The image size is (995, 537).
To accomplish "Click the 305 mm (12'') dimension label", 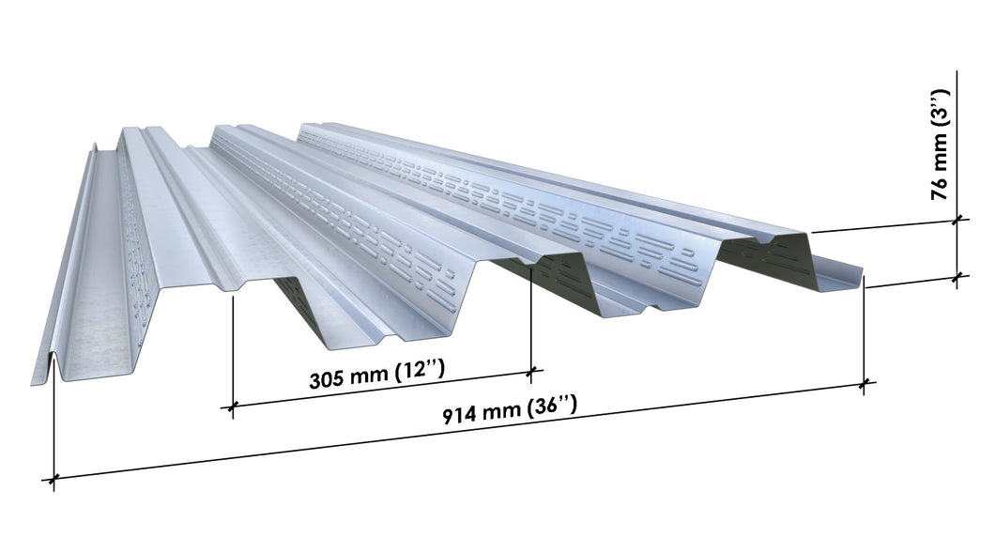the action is [x=376, y=374].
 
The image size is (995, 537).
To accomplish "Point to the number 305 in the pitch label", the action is [x=328, y=379].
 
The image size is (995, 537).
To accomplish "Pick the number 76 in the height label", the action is [x=940, y=188].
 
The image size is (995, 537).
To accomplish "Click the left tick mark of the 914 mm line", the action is [x=54, y=478].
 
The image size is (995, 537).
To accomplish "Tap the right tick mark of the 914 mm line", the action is [x=864, y=384].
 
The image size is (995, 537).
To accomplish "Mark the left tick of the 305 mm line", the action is [x=232, y=407].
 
